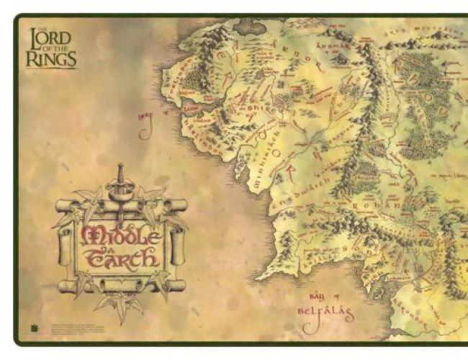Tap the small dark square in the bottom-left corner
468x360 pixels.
(x=35, y=329)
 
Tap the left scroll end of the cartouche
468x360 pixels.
(x=64, y=245)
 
